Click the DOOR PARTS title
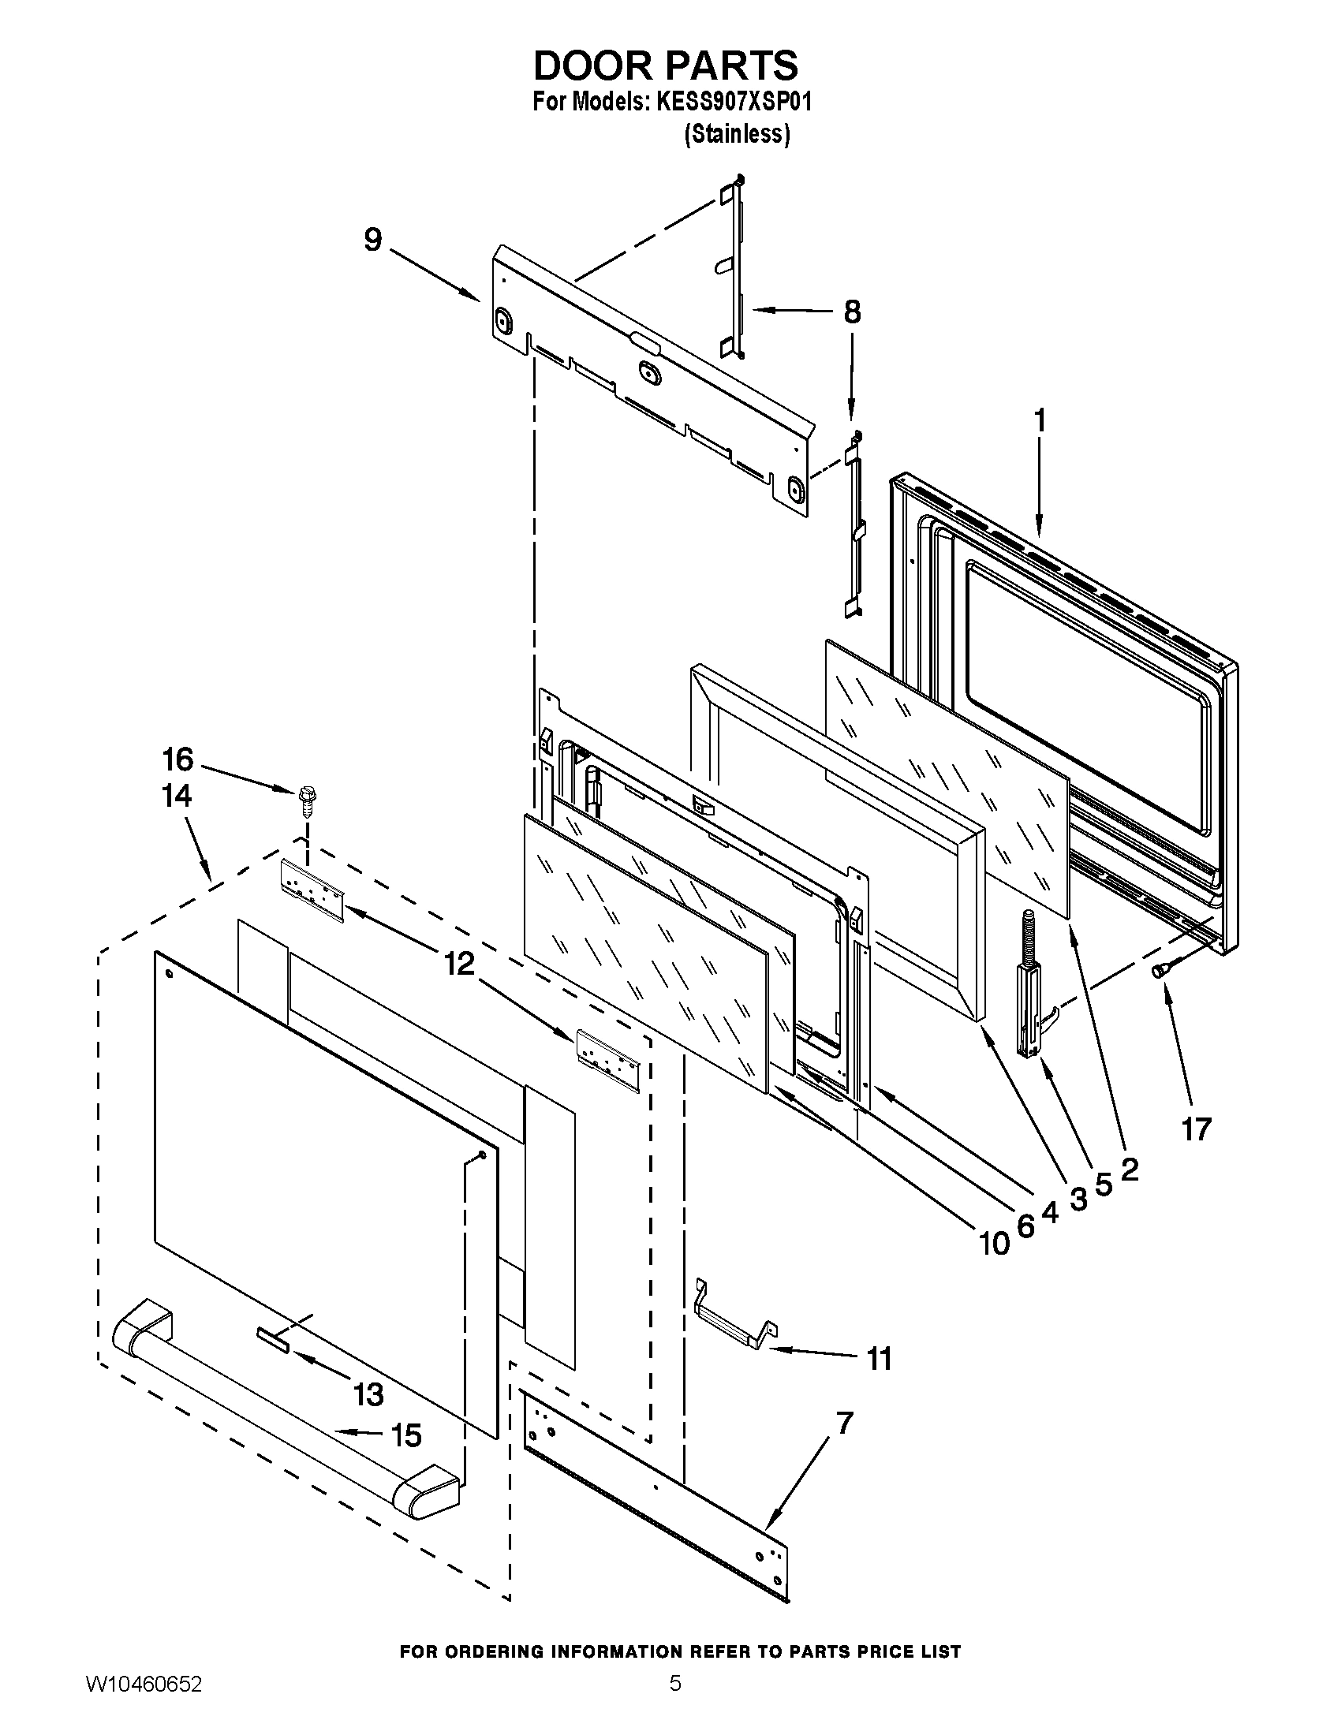666,65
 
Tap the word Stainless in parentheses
738,135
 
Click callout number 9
372,240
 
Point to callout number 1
1039,420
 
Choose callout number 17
1196,1128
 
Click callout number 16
178,759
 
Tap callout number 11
878,1359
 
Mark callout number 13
368,1394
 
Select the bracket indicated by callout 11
735,1323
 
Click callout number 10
993,1243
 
